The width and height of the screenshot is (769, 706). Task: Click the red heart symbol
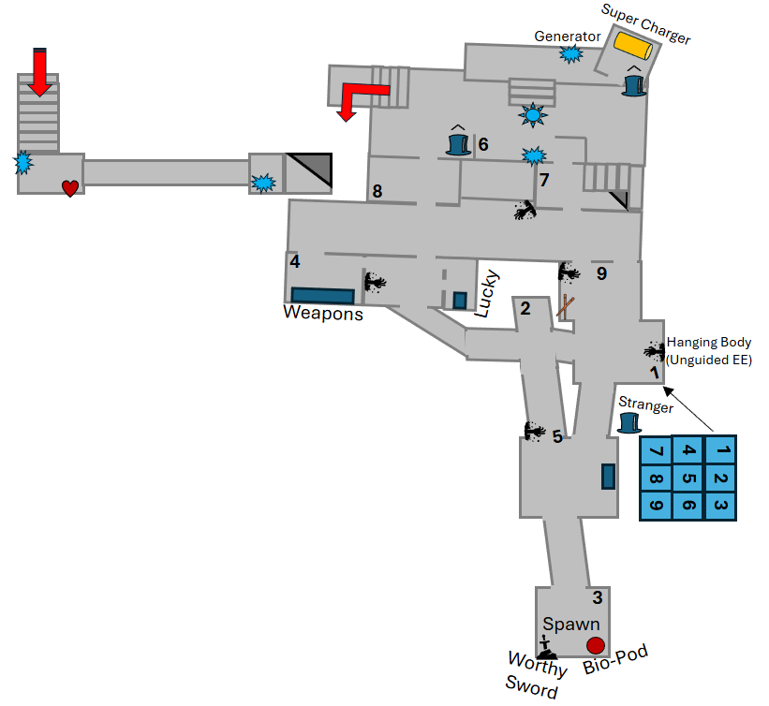pos(70,188)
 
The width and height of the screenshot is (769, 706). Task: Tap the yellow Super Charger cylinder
pos(632,46)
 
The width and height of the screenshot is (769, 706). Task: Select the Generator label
pos(567,37)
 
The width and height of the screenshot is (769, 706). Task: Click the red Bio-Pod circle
pos(595,644)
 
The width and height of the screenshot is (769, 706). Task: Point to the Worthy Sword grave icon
pos(547,646)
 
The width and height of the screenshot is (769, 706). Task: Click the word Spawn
pos(570,624)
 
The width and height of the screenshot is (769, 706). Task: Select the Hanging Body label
pos(708,343)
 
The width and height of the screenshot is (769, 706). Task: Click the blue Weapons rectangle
pos(322,295)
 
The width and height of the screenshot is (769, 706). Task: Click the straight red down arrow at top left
pos(39,72)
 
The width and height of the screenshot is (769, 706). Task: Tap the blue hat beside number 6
pos(458,143)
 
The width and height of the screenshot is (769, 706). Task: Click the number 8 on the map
pos(377,192)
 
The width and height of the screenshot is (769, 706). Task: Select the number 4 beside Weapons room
pos(294,261)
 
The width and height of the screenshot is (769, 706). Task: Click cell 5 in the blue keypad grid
pos(688,478)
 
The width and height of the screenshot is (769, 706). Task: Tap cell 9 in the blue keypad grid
pos(656,507)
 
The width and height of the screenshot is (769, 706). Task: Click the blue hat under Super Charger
pos(634,84)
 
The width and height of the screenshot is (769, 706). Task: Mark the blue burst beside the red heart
pos(22,164)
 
